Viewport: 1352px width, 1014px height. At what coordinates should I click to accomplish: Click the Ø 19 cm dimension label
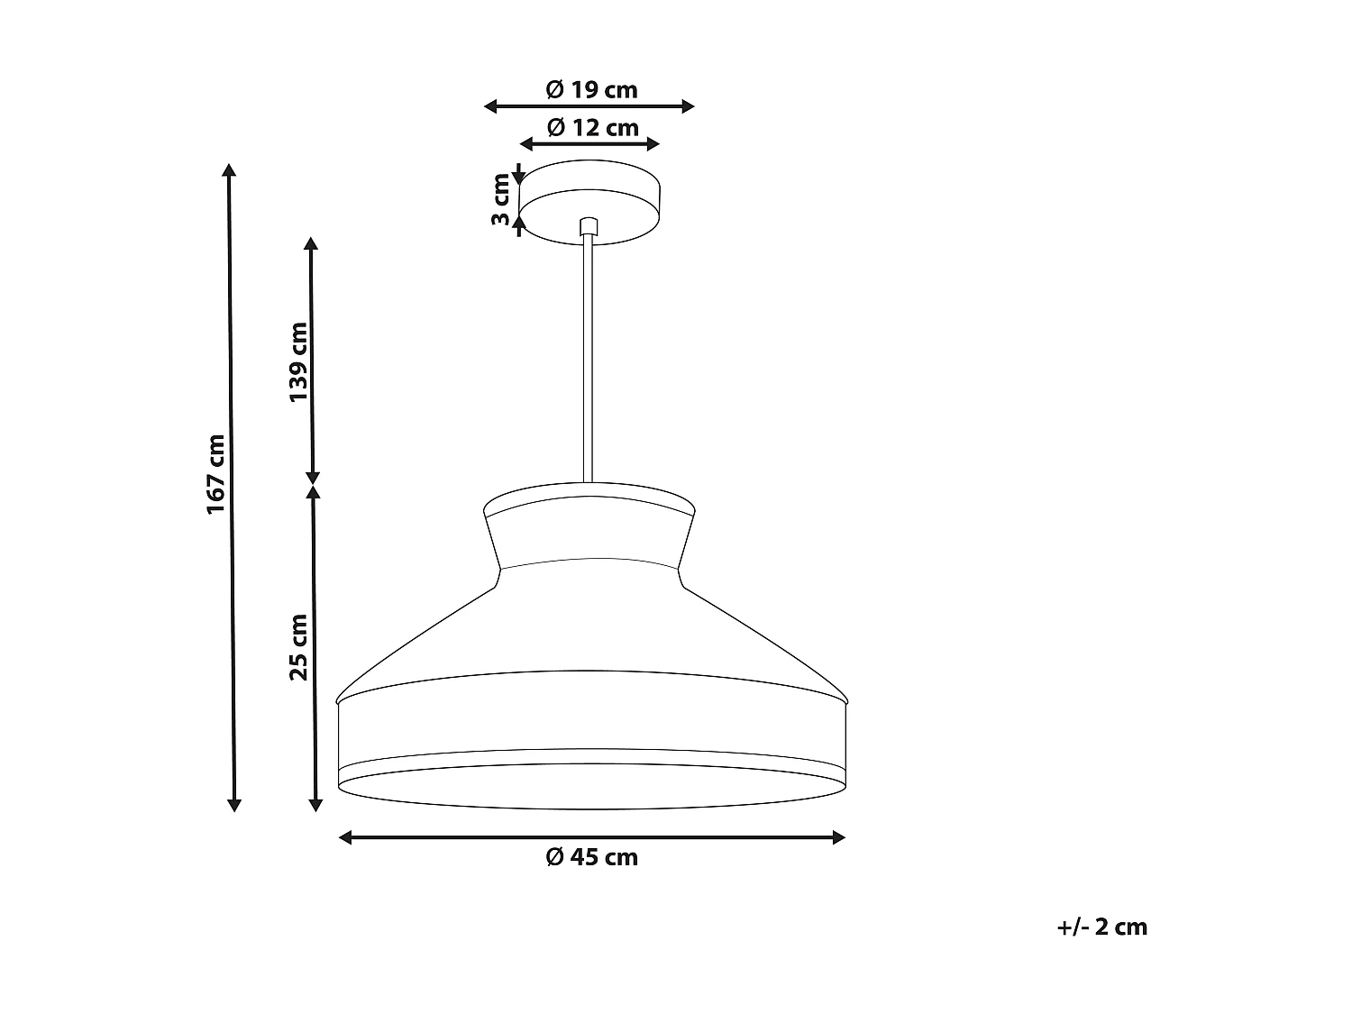(591, 89)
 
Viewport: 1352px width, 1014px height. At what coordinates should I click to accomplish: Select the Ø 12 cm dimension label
(591, 127)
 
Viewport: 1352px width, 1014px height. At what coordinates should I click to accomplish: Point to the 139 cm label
(298, 361)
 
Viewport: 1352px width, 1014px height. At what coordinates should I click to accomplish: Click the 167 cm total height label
(215, 474)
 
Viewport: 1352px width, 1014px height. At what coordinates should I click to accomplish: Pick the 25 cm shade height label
(298, 646)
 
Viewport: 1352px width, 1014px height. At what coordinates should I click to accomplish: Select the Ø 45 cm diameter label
(591, 857)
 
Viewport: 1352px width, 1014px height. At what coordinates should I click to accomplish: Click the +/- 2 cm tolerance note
(1101, 927)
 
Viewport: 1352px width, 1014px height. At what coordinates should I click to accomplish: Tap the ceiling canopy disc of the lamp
(589, 203)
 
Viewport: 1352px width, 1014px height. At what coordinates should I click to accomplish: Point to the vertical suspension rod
(588, 361)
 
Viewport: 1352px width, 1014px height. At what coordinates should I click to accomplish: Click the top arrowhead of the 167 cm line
(230, 171)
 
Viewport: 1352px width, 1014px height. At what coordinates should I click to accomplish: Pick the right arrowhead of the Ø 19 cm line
(689, 106)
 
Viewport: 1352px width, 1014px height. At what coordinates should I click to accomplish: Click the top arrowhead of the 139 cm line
(311, 243)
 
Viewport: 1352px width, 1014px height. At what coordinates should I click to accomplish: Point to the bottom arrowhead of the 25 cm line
(315, 804)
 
